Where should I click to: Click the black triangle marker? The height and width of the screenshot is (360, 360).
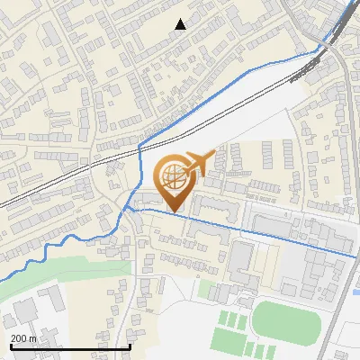coord(180,24)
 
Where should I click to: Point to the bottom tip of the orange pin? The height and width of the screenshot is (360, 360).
coord(173,212)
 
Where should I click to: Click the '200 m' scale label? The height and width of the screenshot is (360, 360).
coord(24,338)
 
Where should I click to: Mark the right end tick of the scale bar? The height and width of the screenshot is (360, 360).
coord(131,346)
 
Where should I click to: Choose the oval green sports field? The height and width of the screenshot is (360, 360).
coord(284,320)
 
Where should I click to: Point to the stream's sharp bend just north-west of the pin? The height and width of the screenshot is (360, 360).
coord(141,144)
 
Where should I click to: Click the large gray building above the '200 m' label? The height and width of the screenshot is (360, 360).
coord(27,310)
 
